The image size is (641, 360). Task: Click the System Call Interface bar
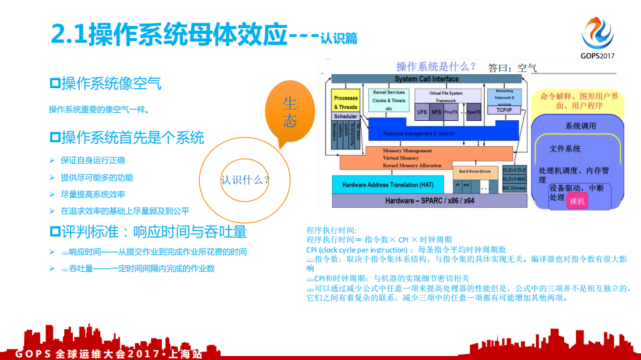(426, 79)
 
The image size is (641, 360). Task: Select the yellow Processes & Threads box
(346, 102)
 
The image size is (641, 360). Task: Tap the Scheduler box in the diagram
(346, 117)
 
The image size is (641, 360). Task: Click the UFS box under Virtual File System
(422, 112)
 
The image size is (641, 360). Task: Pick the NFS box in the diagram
(436, 112)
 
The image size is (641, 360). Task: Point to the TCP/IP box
(504, 110)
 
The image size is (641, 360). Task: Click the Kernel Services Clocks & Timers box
(388, 100)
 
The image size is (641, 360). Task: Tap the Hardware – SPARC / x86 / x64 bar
(429, 200)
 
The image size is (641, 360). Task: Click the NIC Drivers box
(514, 188)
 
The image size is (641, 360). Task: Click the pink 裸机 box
(577, 201)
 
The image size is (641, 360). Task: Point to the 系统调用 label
(580, 126)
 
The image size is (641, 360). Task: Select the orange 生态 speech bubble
(289, 112)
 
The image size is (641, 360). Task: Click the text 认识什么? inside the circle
(245, 180)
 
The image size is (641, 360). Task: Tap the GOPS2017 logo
(597, 37)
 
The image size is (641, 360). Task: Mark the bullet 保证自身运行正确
(92, 160)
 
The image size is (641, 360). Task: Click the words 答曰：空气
(513, 68)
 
